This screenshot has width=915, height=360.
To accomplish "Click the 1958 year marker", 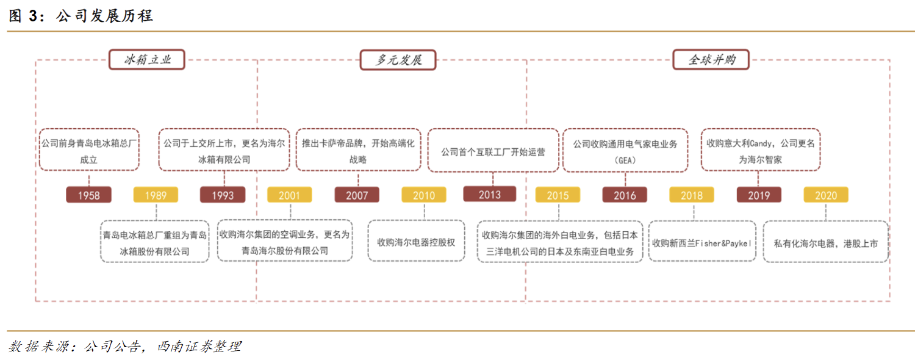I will tap(88, 195).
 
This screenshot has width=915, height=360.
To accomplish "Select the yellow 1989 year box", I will tap(156, 195).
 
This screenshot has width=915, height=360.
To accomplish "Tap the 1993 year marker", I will tap(223, 195).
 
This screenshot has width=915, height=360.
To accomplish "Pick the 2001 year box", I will tap(289, 195).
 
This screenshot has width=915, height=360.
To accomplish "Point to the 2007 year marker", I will tap(357, 195).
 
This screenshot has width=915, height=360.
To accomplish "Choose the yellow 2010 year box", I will tap(424, 195).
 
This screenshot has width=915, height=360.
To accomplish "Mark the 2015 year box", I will tap(558, 195).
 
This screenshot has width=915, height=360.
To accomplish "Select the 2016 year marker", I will tap(625, 195).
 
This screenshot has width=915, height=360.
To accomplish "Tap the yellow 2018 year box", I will tap(692, 195).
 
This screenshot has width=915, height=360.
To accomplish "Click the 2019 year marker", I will tap(759, 195).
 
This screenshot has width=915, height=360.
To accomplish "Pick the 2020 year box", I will tap(826, 195).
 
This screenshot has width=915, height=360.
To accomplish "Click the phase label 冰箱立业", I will tap(147, 60).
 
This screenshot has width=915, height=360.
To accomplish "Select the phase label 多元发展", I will tap(398, 60).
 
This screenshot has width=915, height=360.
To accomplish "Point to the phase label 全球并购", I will tap(711, 60).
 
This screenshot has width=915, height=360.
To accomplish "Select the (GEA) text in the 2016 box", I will tap(625, 160).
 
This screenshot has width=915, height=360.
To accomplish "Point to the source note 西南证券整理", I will tap(199, 347).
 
